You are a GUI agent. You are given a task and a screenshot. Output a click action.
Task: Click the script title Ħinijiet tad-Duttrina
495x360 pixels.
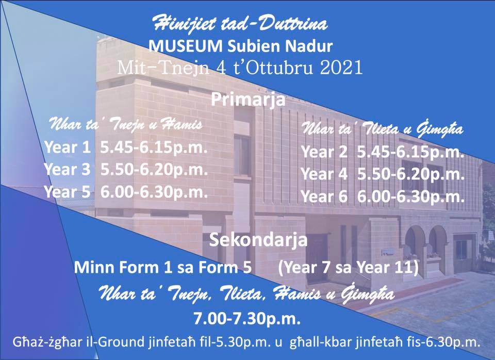click(240, 24)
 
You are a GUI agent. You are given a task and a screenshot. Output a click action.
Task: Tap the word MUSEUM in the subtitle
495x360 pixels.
click(186, 46)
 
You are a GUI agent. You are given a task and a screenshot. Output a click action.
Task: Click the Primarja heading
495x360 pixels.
click(248, 100)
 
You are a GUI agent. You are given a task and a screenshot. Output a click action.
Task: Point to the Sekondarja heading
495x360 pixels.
click(258, 240)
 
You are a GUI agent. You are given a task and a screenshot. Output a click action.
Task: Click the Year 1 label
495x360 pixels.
click(67, 147)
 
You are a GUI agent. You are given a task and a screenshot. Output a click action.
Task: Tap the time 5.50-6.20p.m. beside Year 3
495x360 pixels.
click(154, 170)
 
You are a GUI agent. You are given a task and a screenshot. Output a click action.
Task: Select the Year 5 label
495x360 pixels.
click(67, 192)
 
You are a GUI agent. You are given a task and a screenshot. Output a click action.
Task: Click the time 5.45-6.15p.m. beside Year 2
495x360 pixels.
click(411, 152)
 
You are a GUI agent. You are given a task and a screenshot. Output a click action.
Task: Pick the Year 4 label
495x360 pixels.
click(324, 174)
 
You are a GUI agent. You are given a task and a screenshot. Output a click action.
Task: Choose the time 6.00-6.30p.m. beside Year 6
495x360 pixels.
click(411, 197)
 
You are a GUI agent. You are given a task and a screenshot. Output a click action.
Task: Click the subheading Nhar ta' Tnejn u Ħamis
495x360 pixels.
click(126, 124)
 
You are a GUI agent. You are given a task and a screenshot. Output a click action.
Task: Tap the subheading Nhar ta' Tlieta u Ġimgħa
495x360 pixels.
click(383, 129)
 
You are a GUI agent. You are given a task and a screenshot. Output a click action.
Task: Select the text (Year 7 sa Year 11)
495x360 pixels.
click(349, 268)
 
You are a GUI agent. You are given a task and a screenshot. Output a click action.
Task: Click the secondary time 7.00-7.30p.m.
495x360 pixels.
click(247, 319)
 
